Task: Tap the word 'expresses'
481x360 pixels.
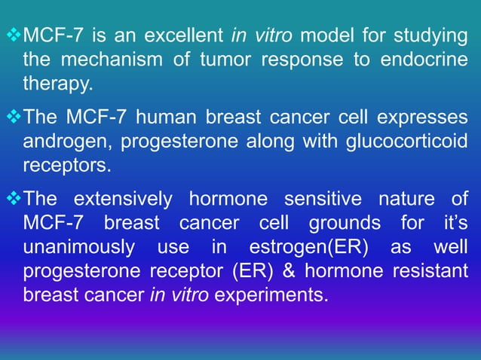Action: (425, 117)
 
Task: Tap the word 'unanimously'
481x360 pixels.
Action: (71, 248)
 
